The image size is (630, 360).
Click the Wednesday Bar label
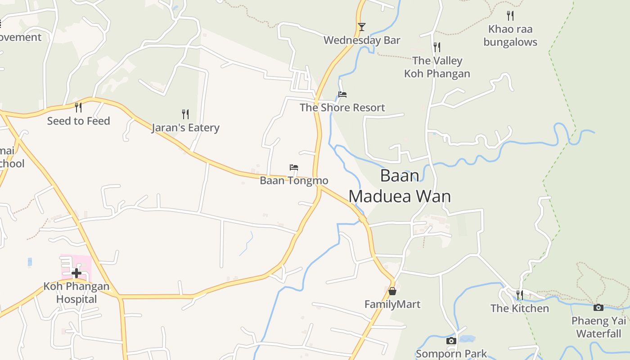pyautogui.click(x=362, y=40)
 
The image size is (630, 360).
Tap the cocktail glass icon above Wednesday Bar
pyautogui.click(x=362, y=27)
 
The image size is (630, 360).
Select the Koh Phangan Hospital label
pyautogui.click(x=76, y=292)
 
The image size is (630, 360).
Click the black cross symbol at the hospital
pyautogui.click(x=76, y=273)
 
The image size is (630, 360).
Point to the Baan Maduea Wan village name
pyautogui.click(x=400, y=186)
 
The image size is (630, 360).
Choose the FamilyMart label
pyautogui.click(x=392, y=304)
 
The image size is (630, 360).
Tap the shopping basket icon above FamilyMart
pyautogui.click(x=392, y=291)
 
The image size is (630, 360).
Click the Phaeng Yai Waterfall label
pyautogui.click(x=598, y=327)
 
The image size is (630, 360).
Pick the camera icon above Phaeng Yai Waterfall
pyautogui.click(x=598, y=308)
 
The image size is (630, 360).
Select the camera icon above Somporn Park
pyautogui.click(x=451, y=341)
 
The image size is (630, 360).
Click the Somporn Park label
pyautogui.click(x=451, y=354)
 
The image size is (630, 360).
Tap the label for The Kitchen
pyautogui.click(x=520, y=308)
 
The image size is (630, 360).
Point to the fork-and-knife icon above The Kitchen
pyautogui.click(x=520, y=295)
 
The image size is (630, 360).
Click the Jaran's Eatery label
pyautogui.click(x=185, y=127)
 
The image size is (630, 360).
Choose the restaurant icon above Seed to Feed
pyautogui.click(x=78, y=107)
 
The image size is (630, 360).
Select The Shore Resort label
pyautogui.click(x=342, y=108)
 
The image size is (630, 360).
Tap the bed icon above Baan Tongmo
pyautogui.click(x=294, y=167)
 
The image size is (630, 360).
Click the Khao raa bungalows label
pyautogui.click(x=510, y=36)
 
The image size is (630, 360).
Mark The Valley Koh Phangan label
pyautogui.click(x=437, y=67)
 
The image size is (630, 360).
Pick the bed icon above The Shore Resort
pyautogui.click(x=342, y=94)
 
